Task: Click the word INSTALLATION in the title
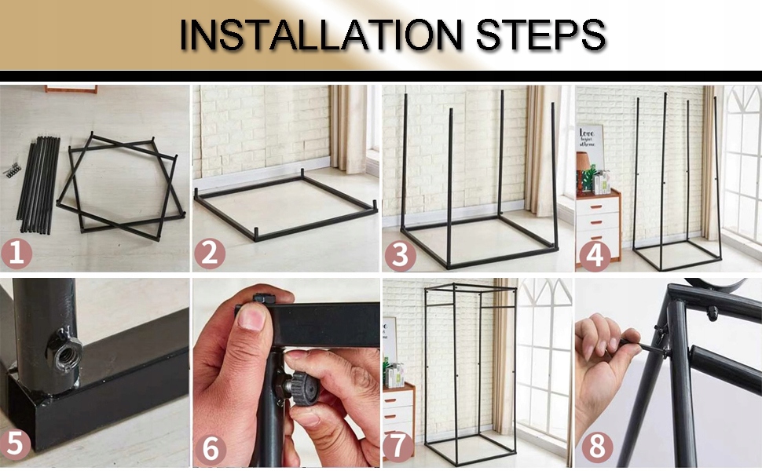(x=321, y=35)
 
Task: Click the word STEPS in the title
(x=541, y=35)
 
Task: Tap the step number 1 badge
(x=16, y=254)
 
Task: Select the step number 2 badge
(x=210, y=254)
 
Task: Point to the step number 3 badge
(x=400, y=255)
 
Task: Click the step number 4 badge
(x=595, y=255)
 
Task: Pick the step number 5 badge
(x=15, y=444)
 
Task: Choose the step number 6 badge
(x=211, y=450)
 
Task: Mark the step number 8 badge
(x=597, y=446)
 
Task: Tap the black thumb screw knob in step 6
(x=304, y=389)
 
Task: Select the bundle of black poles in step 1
(x=38, y=184)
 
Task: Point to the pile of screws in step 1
(x=13, y=169)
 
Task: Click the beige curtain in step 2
(x=348, y=129)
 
